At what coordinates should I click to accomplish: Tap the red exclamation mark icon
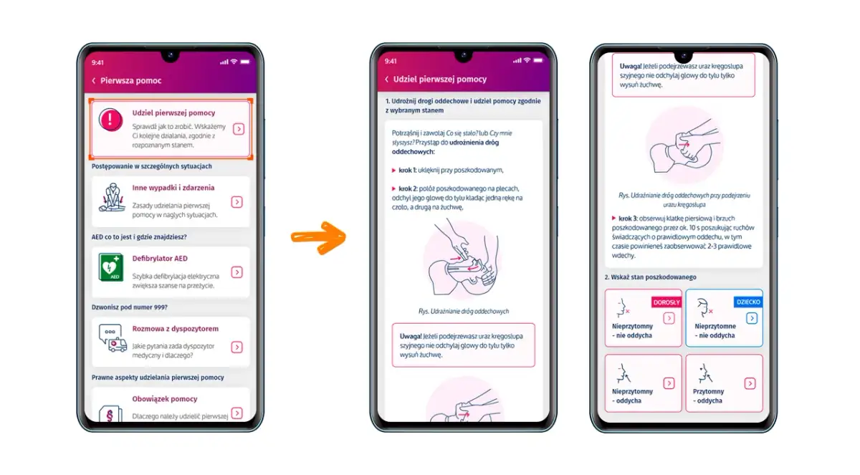(110, 120)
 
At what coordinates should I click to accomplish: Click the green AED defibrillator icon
(111, 267)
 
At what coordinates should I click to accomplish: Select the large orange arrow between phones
(318, 238)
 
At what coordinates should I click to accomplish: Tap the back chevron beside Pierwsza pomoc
(94, 80)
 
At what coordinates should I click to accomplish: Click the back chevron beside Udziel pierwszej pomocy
(386, 79)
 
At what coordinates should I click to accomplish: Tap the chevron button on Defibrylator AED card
(237, 272)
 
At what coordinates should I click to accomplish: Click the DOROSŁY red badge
(666, 302)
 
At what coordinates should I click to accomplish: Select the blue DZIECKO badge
(748, 302)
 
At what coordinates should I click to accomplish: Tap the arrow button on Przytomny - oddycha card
(750, 383)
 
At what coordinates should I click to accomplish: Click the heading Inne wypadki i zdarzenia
(173, 188)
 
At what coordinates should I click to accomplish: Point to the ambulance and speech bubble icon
(113, 338)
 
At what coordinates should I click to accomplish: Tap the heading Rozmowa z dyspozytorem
(175, 328)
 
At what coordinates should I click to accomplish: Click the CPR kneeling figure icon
(112, 198)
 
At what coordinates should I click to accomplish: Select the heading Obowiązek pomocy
(165, 399)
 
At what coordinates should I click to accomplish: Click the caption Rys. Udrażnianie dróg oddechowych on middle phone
(464, 311)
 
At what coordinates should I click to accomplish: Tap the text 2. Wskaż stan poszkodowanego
(651, 277)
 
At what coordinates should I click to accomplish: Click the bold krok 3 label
(628, 219)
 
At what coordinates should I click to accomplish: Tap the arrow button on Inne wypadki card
(237, 202)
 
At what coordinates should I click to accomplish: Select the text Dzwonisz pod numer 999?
(130, 307)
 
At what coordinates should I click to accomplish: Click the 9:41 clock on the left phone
(97, 62)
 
